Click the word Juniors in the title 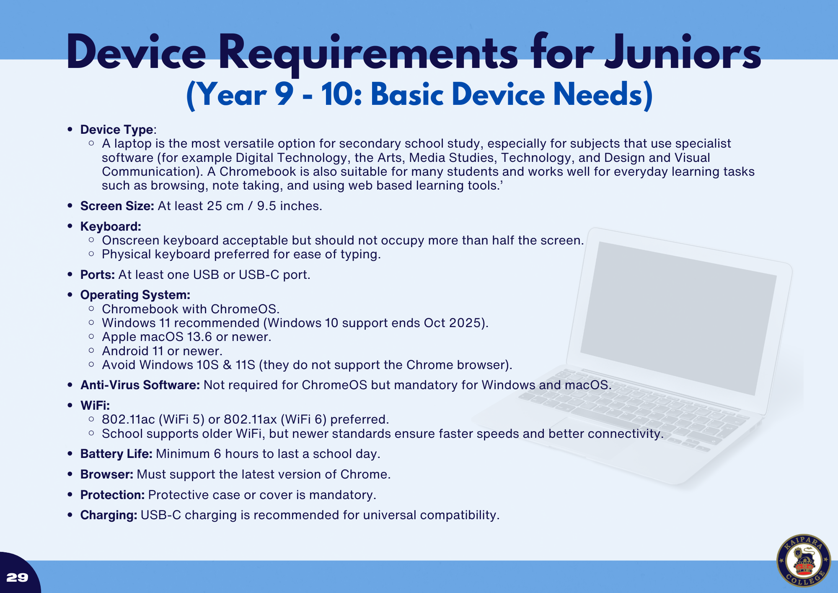coord(683,54)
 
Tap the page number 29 coord(18,577)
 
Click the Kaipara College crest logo coord(803,561)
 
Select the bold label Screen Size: coord(117,206)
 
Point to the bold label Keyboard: coord(111,226)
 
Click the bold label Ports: coord(97,275)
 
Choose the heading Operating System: coord(135,295)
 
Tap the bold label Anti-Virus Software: coord(140,385)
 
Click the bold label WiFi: coord(95,406)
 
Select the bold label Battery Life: coord(116,454)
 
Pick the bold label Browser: coord(107,474)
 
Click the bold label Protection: coord(112,495)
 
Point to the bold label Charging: coord(109,515)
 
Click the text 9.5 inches coord(289,206)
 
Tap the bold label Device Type coord(117,130)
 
